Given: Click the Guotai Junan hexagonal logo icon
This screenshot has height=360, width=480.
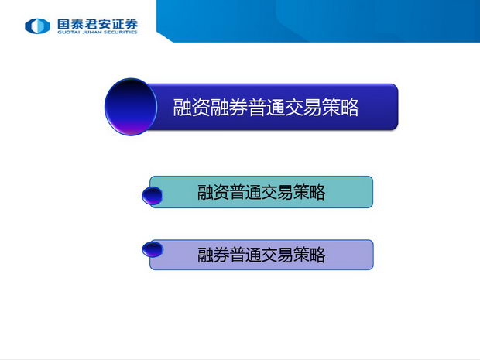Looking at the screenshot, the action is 37,26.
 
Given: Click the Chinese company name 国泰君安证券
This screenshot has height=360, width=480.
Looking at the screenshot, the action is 98,24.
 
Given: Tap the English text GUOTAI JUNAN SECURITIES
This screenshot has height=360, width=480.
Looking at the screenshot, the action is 98,32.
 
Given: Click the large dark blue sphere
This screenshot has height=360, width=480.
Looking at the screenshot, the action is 131,107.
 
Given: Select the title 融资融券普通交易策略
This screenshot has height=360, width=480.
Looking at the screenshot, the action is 266,107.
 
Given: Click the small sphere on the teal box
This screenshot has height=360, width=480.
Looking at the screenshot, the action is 153,196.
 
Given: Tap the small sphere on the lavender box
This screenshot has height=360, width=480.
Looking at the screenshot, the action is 153,249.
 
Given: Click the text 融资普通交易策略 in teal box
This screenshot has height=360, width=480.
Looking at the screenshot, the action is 261,192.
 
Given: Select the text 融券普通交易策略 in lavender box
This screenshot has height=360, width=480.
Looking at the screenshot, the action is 261,255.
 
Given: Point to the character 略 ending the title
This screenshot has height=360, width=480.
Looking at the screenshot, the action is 350,107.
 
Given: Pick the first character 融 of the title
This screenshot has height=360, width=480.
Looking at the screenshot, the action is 182,107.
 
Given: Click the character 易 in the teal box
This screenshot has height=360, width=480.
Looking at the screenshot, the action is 285,192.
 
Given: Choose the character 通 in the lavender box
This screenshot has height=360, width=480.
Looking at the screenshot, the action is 253,255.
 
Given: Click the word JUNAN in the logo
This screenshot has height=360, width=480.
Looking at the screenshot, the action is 91,32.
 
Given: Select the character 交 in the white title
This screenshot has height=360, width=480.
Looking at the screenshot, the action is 293,107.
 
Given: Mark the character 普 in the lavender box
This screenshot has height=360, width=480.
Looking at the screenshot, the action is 237,255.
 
